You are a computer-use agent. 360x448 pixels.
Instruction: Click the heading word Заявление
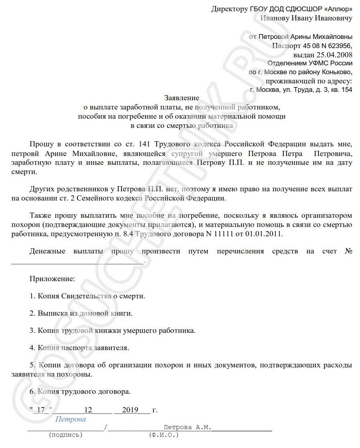(182, 98)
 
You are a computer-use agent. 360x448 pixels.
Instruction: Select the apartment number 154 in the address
(346, 90)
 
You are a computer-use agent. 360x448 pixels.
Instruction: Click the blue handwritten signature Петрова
(71, 420)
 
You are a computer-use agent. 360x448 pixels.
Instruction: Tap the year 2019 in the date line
(130, 410)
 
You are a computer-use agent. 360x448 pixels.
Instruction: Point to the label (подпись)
(65, 435)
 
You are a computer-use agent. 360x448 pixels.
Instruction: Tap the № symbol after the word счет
(348, 251)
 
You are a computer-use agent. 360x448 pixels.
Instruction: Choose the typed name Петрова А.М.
(187, 428)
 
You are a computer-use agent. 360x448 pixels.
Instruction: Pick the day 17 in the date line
(41, 410)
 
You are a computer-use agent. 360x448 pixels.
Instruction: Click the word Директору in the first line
(229, 9)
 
